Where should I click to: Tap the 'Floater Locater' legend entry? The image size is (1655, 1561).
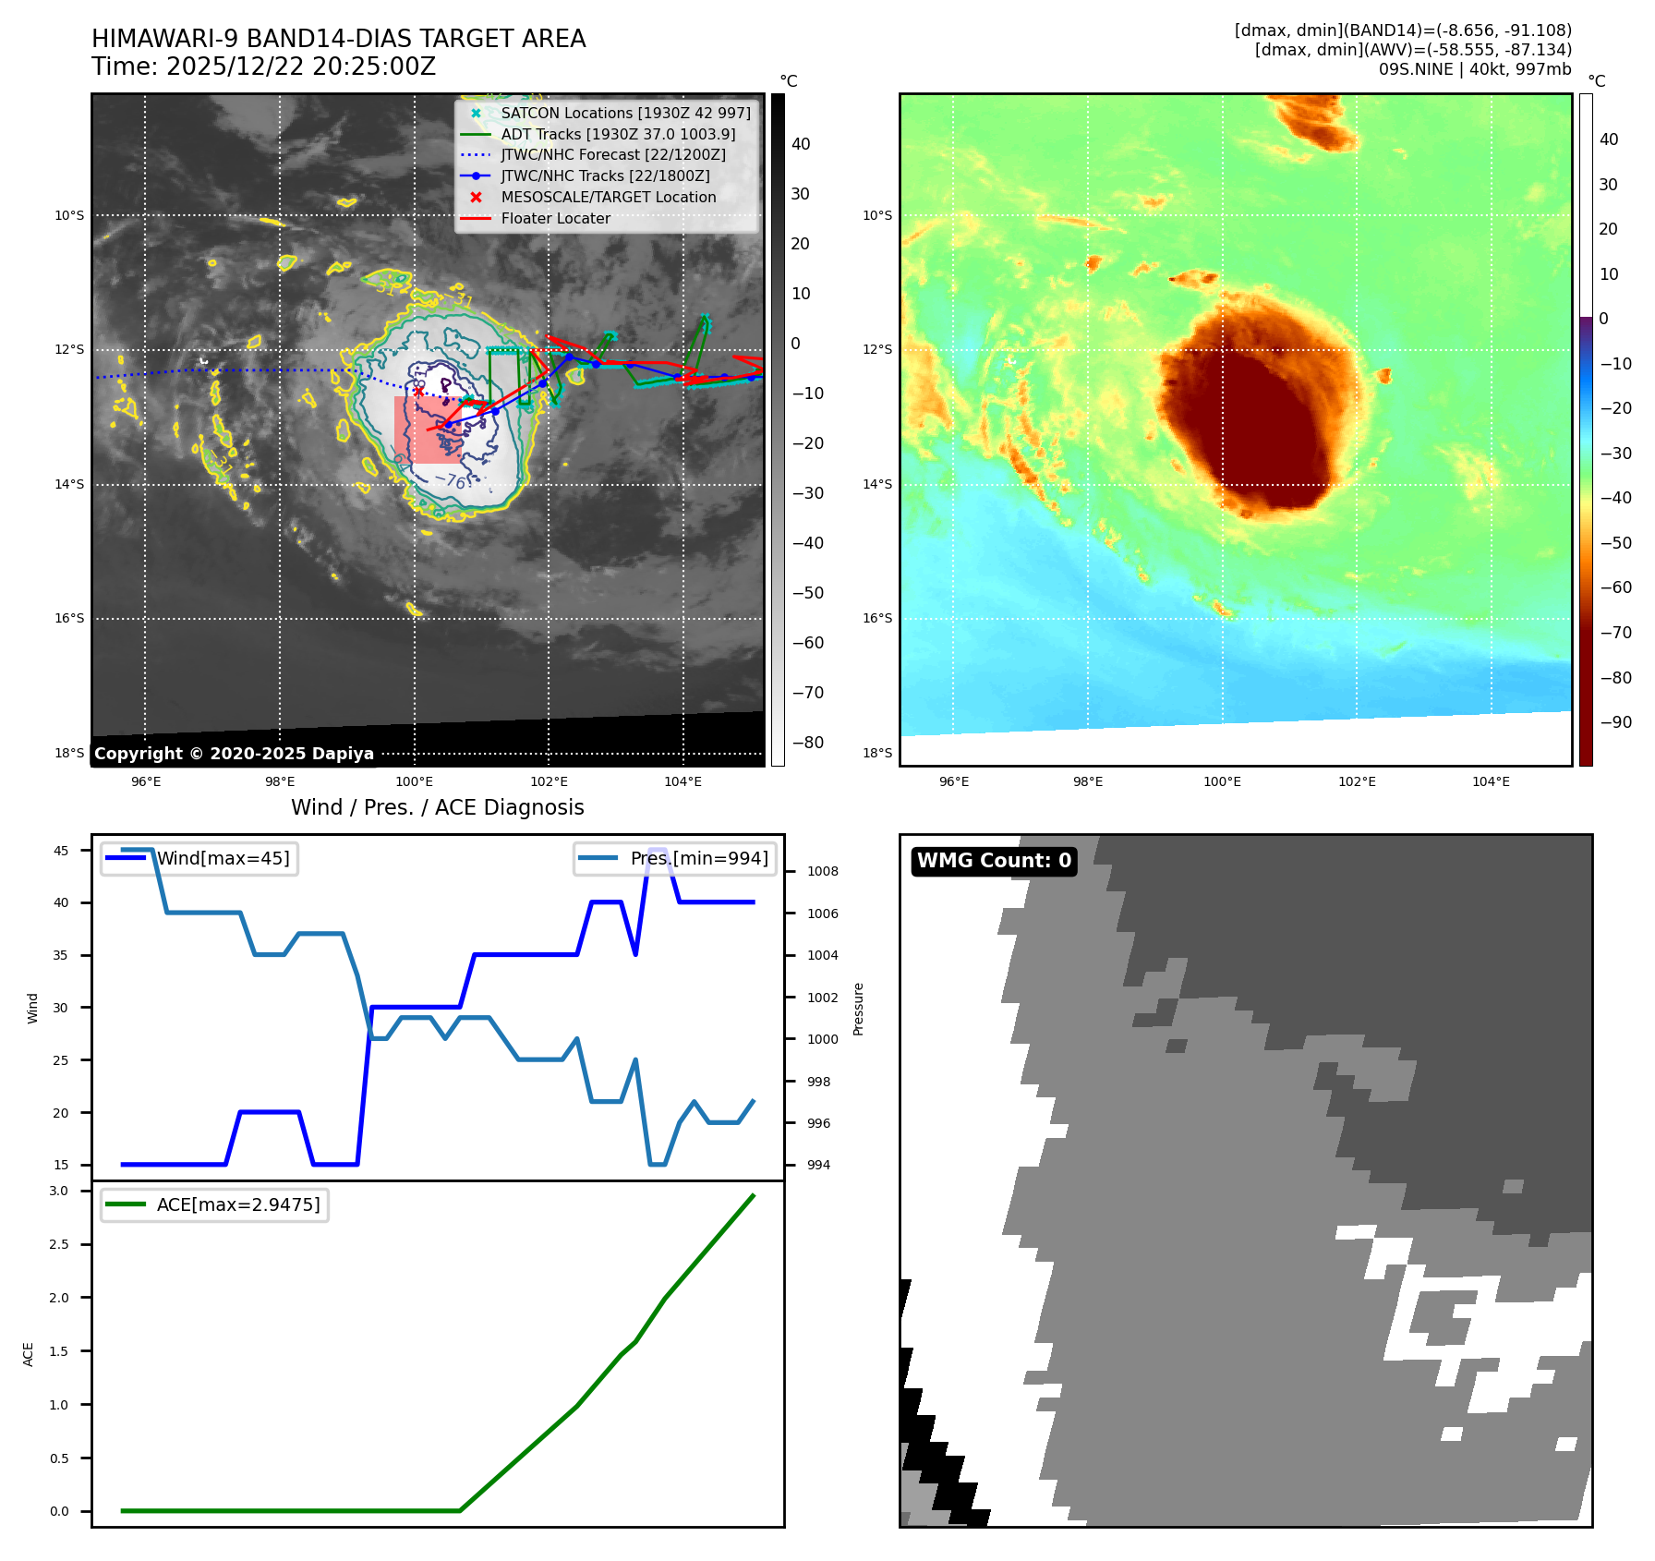tap(555, 218)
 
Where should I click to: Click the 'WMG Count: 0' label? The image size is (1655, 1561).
tap(994, 861)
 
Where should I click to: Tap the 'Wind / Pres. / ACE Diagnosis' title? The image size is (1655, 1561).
tap(437, 807)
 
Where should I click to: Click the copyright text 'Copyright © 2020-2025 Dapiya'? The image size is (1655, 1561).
tap(234, 754)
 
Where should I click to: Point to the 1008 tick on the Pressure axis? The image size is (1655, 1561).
tap(822, 871)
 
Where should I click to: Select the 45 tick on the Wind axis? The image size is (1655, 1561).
tap(61, 851)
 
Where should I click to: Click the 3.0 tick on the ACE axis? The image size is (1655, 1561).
tap(59, 1191)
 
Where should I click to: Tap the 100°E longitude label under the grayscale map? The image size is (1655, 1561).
tap(415, 781)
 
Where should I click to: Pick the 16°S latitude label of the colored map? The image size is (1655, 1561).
tap(877, 618)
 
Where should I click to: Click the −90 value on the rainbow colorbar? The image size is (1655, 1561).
tap(1615, 721)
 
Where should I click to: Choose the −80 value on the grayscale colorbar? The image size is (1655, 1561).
tap(807, 742)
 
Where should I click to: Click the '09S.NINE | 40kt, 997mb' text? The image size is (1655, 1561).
tap(1474, 69)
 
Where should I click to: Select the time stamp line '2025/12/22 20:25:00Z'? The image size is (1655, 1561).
tap(263, 67)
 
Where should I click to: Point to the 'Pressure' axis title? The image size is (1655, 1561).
tap(858, 1009)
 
